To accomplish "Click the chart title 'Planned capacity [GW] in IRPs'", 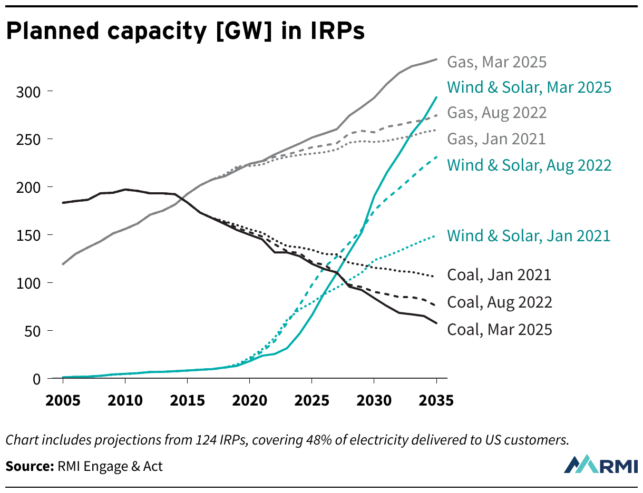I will pos(185,32).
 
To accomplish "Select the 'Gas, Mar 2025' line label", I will pos(497,62).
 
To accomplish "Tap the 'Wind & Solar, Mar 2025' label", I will pos(529,87).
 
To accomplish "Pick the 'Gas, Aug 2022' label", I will pos(497,113).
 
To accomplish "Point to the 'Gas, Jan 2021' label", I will pos(496,139).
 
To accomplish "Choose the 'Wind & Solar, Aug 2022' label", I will pos(529,165).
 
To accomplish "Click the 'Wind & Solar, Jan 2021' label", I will pos(529,235).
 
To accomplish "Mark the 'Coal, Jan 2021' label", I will pos(499,275).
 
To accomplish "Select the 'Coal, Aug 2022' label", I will pos(500,302).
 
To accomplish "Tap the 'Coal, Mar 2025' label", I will pos(500,330).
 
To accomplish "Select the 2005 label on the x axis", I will pos(63,400).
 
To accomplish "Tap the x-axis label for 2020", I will pos(249,400).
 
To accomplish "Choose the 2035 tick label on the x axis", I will pos(436,400).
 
